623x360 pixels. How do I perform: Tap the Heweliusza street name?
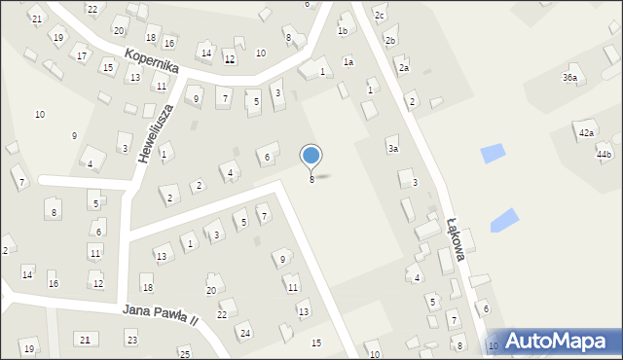(156, 132)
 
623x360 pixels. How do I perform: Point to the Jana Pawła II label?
(161, 313)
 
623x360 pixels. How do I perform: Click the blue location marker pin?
(311, 156)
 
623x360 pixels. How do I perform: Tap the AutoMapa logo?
(563, 342)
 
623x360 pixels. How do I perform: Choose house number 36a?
(569, 77)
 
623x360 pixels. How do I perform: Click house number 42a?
(586, 132)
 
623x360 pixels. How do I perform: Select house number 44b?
(605, 155)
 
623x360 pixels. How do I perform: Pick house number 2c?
(381, 17)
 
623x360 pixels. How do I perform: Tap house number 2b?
(390, 41)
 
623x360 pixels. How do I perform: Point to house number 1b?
(343, 31)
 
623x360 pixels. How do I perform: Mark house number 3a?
(393, 149)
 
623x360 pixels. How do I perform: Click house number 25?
(185, 353)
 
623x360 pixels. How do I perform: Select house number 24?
(245, 334)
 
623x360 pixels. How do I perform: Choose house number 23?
(131, 339)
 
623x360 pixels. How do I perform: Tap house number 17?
(83, 56)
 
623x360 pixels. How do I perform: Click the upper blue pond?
(494, 153)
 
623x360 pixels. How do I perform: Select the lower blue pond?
(504, 221)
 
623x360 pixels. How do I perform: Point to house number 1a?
(348, 62)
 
